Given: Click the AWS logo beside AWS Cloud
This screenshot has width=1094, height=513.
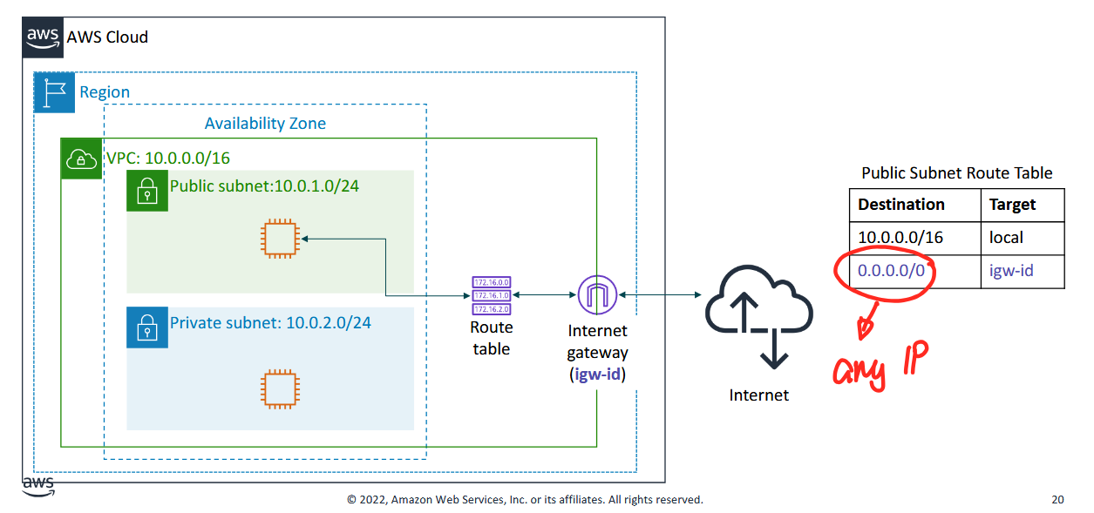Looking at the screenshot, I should point(44,37).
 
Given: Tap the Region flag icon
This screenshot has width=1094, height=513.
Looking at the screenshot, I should point(54,92).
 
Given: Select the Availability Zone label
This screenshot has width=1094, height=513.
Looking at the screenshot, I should point(265,124).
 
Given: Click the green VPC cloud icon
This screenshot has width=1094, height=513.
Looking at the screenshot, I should point(81,159).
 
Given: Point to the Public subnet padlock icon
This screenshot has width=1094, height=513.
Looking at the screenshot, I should point(146,190).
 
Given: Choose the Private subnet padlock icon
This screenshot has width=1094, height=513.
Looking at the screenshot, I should point(146,327).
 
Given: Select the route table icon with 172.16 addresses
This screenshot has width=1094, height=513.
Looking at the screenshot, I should point(491,296).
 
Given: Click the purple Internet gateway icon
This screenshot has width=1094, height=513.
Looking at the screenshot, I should point(597,296).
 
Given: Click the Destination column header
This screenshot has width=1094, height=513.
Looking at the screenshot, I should point(901,205).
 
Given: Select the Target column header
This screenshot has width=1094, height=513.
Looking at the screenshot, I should point(1012,205).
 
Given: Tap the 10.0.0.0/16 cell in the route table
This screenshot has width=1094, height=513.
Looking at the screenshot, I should point(900,237).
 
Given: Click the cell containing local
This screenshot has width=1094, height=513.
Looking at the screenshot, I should point(1006,237).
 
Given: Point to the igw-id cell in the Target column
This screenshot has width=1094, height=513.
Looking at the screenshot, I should point(1011,270).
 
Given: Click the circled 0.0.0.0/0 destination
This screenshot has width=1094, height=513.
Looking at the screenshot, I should point(891,271).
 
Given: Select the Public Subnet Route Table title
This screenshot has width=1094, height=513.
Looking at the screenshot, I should point(956,173).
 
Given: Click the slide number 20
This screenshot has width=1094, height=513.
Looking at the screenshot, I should point(1057,500).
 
